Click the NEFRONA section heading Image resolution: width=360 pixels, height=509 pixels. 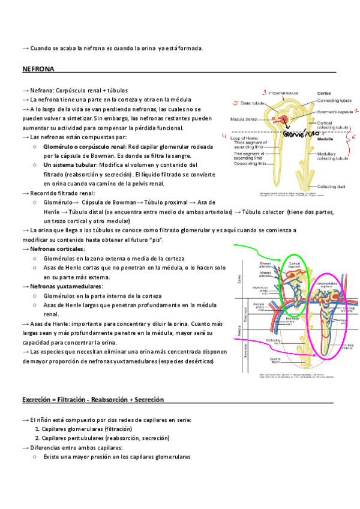38,70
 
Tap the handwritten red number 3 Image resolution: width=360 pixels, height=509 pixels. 264,93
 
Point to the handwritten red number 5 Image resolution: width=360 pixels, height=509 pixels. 236,103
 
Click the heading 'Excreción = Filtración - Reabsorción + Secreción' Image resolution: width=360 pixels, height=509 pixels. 93,399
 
